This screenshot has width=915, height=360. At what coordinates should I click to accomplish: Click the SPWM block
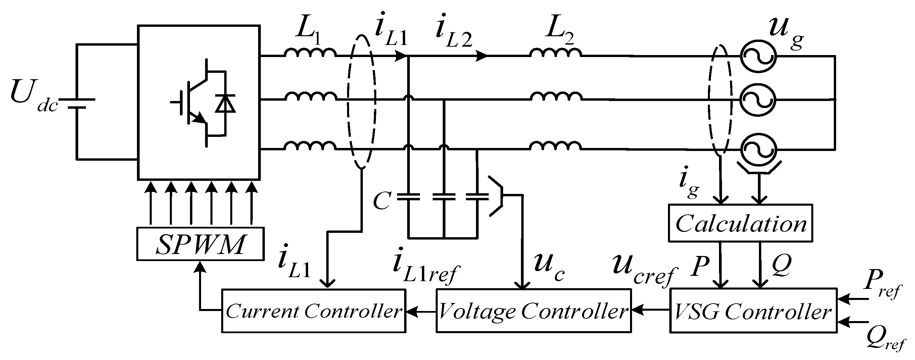pos(200,244)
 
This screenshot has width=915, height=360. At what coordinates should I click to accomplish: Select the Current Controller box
pos(314,311)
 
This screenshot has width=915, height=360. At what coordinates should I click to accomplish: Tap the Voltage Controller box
pos(533,311)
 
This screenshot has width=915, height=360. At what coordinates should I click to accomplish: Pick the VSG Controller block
pos(753,311)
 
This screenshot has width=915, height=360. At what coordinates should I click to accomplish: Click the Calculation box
pos(740,223)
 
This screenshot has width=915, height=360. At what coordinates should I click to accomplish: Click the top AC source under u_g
pos(758,56)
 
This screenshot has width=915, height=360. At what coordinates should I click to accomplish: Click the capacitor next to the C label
pos(408,197)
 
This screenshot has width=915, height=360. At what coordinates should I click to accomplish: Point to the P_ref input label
pos(881,286)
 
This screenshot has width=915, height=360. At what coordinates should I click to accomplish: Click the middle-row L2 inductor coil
pos(556,97)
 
